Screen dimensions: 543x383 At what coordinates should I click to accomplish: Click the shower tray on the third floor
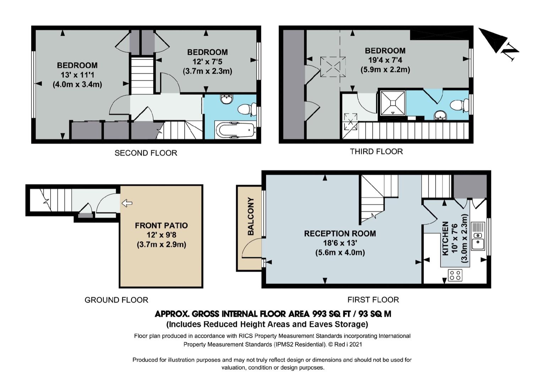click(392, 103)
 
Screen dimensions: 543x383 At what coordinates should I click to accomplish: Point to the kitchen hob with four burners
click(455, 275)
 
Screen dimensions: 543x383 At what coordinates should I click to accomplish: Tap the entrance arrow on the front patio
click(127, 203)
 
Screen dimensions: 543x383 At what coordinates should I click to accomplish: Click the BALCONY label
click(251, 216)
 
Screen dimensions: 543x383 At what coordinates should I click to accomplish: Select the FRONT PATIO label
click(161, 226)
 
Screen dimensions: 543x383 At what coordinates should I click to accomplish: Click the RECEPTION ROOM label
click(340, 233)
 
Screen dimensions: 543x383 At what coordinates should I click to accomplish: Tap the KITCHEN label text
click(445, 238)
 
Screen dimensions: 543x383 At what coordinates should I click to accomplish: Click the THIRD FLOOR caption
click(376, 151)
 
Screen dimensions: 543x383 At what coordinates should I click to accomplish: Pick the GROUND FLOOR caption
click(116, 300)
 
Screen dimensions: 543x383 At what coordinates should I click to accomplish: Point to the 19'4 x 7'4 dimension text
click(385, 60)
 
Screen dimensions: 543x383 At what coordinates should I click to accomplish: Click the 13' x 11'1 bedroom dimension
click(77, 75)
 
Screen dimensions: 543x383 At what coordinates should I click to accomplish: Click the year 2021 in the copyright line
click(356, 344)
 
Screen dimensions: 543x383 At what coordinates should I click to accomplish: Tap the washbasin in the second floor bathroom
click(227, 99)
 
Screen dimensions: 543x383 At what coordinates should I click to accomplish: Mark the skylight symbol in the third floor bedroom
click(333, 67)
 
